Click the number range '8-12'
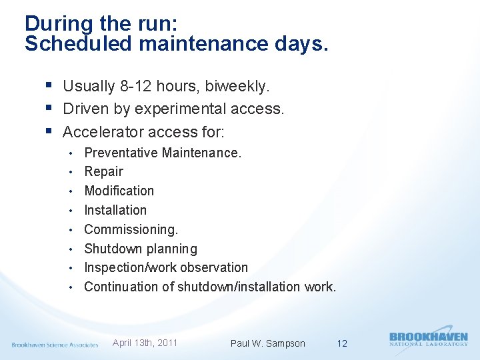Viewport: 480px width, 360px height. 139,86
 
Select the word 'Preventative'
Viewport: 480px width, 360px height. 121,153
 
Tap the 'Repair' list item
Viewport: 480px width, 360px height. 103,171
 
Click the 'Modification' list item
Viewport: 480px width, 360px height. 119,191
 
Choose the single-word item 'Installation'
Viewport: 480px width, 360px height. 115,210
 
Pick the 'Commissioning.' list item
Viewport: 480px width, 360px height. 131,229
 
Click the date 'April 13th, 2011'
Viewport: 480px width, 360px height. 145,343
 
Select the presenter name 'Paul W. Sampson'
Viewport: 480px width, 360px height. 267,343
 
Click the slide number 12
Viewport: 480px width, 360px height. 342,343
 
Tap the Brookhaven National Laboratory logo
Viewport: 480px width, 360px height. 428,339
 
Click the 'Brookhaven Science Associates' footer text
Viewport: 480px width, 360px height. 55,345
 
